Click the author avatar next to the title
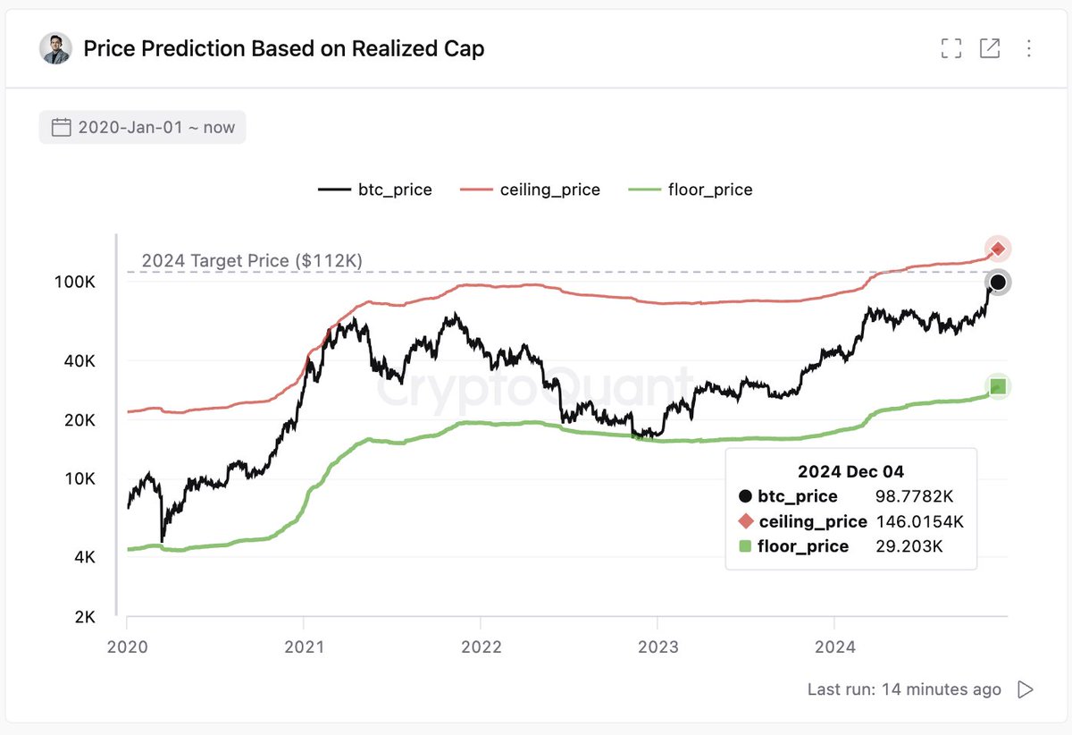pos(55,48)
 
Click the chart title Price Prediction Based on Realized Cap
pos(283,48)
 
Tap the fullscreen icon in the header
pos(951,48)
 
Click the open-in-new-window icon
pos(990,48)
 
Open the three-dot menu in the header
pos(1029,48)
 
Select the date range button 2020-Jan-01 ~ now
pos(143,127)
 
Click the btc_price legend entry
pos(375,190)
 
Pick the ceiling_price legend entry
pos(531,190)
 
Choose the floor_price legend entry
pos(691,190)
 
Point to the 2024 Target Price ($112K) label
pos(251,261)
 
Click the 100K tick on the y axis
pos(75,282)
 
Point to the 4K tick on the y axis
pos(83,557)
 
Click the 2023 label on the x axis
pos(657,646)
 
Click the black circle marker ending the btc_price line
pos(999,283)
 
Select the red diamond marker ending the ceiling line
pos(998,249)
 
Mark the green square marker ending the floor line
pos(999,386)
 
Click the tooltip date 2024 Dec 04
pos(850,471)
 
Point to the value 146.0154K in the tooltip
pos(920,521)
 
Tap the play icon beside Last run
pos(1026,689)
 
